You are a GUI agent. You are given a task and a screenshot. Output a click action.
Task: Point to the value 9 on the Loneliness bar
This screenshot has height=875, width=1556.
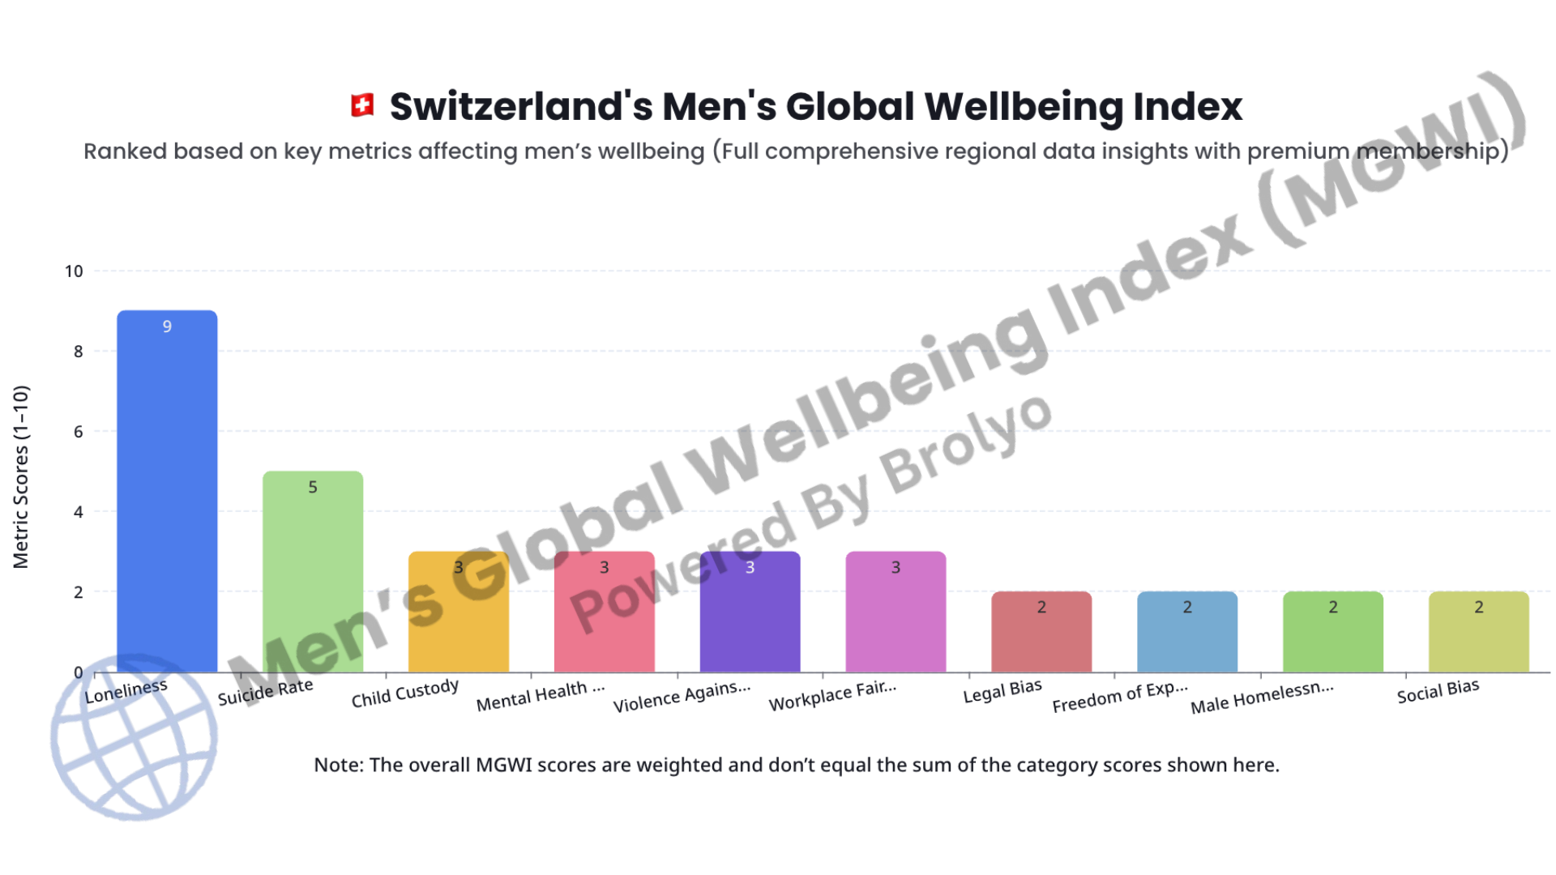167,327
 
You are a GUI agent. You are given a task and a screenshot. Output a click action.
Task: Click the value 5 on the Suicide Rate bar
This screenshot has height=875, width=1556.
313,487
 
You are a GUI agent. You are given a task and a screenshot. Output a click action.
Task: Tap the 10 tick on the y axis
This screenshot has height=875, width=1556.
74,271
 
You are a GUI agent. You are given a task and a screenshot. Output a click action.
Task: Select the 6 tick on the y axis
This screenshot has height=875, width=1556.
78,432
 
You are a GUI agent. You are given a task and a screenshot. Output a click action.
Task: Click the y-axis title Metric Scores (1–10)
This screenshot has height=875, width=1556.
21,476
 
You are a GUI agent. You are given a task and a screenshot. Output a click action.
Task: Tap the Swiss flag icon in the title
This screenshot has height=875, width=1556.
362,105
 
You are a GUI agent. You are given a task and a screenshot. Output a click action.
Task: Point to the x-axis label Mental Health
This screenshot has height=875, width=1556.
540,696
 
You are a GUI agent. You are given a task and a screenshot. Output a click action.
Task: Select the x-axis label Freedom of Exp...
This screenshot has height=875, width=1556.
1119,697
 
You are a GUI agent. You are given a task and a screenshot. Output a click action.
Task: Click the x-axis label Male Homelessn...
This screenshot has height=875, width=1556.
1261,698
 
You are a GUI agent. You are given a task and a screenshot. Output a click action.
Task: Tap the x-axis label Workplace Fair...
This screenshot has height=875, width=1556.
832,696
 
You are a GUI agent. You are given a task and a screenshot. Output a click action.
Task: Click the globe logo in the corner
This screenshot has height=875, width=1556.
134,737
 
